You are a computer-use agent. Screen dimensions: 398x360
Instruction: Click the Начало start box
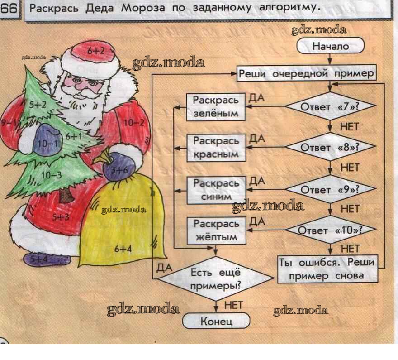coord(330,46)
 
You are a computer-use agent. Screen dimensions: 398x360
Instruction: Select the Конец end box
coord(216,321)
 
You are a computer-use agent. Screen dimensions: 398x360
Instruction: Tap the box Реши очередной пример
coord(306,74)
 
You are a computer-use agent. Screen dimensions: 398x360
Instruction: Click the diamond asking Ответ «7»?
coord(330,106)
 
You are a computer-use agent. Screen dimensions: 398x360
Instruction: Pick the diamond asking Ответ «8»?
coord(330,147)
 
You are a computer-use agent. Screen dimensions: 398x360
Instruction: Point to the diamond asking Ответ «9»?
coord(330,189)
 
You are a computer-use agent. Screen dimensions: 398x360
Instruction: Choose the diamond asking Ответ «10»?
coord(330,230)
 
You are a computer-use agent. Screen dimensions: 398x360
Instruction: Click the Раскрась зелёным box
coord(216,107)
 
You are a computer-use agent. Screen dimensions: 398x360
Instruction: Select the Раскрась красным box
coord(216,148)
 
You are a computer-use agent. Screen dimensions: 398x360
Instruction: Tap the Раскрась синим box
coord(217,190)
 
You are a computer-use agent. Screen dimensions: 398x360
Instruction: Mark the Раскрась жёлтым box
coord(217,230)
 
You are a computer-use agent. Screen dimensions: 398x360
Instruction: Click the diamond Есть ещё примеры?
coord(216,278)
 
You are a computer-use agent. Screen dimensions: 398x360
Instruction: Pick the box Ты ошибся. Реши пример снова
coord(327,269)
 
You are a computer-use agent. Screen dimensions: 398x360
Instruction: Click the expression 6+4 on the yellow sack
coord(123,249)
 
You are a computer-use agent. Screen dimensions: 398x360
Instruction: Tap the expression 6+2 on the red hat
coord(96,51)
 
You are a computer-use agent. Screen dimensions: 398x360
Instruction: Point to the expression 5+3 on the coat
coord(61,217)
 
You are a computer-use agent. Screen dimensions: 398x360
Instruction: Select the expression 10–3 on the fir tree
coord(51,175)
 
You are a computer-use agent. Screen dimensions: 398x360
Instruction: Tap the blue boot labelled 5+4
coord(47,259)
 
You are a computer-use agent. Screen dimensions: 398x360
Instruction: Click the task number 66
coord(9,9)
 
